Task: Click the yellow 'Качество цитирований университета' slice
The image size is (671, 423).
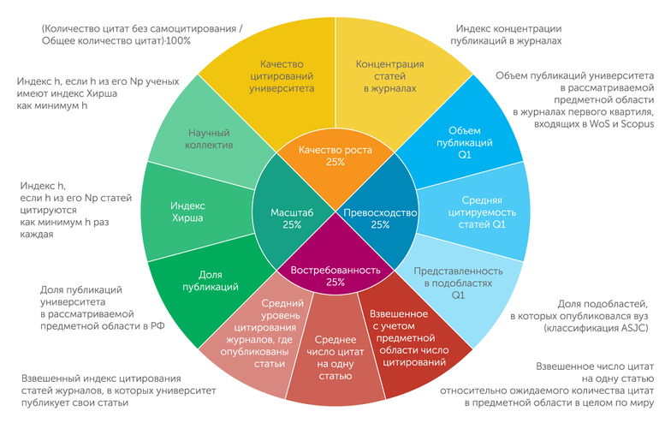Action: [x=283, y=75]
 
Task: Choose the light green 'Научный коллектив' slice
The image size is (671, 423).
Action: [x=209, y=139]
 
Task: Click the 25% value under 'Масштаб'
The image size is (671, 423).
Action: [x=291, y=225]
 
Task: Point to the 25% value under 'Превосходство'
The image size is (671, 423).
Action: [x=380, y=225]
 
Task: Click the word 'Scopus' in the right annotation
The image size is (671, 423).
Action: [x=634, y=125]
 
